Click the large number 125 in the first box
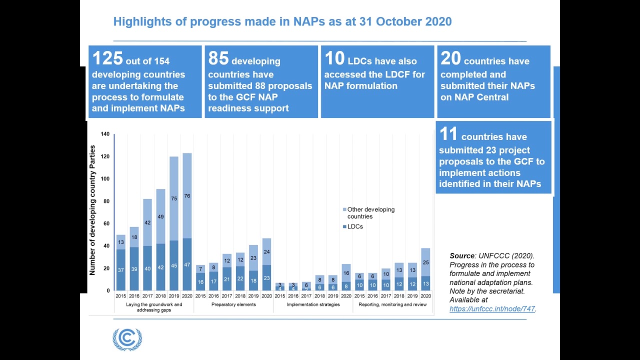[x=107, y=58]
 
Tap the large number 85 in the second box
[x=218, y=58]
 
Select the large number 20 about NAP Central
[x=450, y=58]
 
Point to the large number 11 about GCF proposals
[x=448, y=134]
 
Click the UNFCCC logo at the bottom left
[x=127, y=339]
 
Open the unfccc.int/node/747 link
[x=492, y=309]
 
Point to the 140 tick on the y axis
[x=105, y=134]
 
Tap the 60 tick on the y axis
[x=106, y=223]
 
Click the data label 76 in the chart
[x=187, y=196]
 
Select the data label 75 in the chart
[x=173, y=198]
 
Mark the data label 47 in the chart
[x=187, y=264]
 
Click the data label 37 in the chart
[x=120, y=270]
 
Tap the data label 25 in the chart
[x=425, y=262]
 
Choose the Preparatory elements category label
[x=233, y=304]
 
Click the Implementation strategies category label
[x=312, y=304]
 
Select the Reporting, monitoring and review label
[x=392, y=304]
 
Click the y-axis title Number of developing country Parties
[x=92, y=210]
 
